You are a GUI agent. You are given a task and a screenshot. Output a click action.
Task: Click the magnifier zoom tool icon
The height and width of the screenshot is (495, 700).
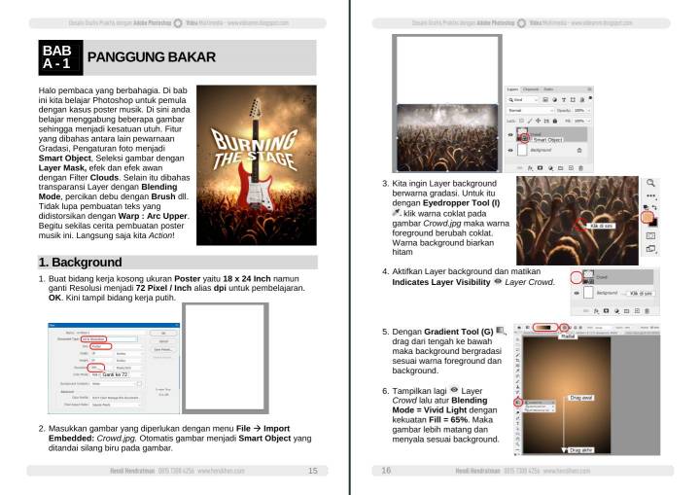pos(649,182)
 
